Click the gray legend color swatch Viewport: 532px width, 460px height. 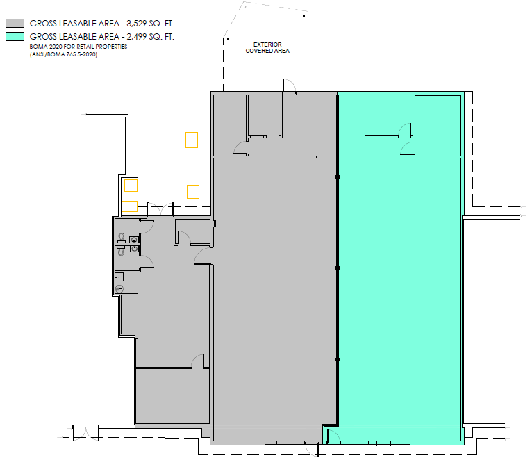click(15, 23)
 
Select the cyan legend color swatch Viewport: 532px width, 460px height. click(15, 36)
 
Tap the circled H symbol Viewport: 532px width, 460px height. click(119, 288)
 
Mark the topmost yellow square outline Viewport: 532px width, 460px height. click(192, 140)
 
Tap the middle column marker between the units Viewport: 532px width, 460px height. click(338, 268)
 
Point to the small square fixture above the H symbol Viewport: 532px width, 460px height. click(119, 277)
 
